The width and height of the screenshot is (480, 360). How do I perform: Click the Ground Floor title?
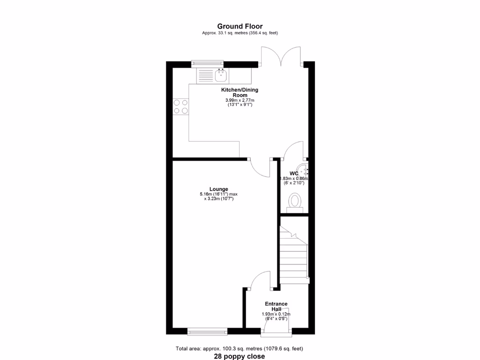[x=240, y=26]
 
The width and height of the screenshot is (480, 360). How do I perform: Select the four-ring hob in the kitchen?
[x=180, y=106]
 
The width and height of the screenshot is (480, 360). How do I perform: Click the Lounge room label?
[x=219, y=189]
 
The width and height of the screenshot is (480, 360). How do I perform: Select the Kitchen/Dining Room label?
[x=240, y=92]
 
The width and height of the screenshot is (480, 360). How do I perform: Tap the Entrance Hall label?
[x=276, y=307]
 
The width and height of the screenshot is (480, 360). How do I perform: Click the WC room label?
[x=294, y=173]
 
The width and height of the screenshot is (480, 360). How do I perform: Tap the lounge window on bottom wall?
[x=207, y=331]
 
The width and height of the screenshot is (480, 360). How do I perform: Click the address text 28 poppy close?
[x=240, y=356]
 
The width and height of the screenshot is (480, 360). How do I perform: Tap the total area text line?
[x=240, y=348]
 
